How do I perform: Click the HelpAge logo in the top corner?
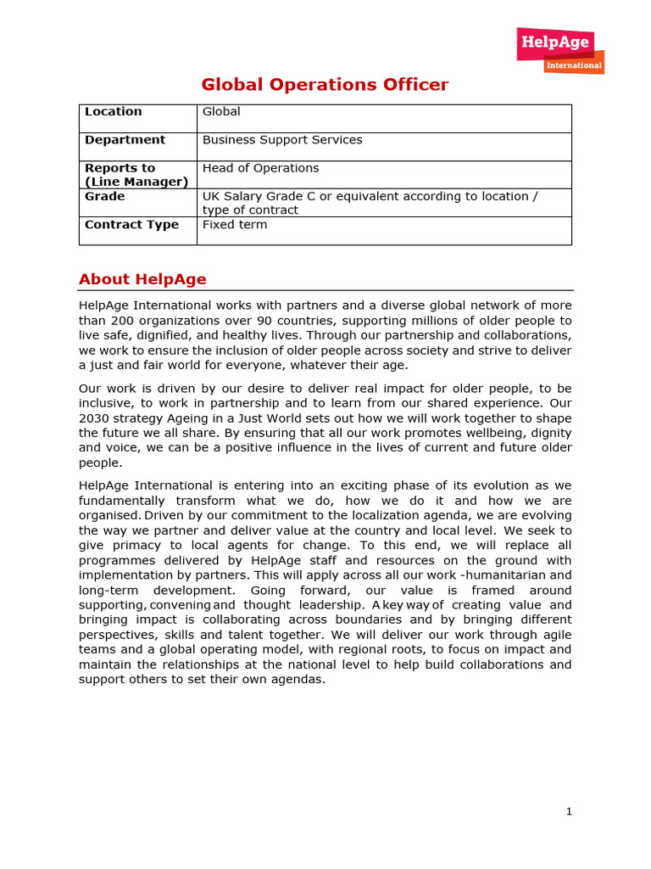555,44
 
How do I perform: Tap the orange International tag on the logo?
574,65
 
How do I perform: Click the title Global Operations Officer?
325,85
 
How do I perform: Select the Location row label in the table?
114,112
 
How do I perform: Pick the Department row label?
125,140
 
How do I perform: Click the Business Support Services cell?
282,140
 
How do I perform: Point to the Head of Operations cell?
260,168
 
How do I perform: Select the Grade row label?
105,196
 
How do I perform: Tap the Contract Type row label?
131,225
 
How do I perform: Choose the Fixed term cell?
235,225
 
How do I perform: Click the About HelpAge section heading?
142,279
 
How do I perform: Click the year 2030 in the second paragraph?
94,418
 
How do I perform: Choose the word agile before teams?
552,635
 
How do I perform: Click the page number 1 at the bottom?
570,811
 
